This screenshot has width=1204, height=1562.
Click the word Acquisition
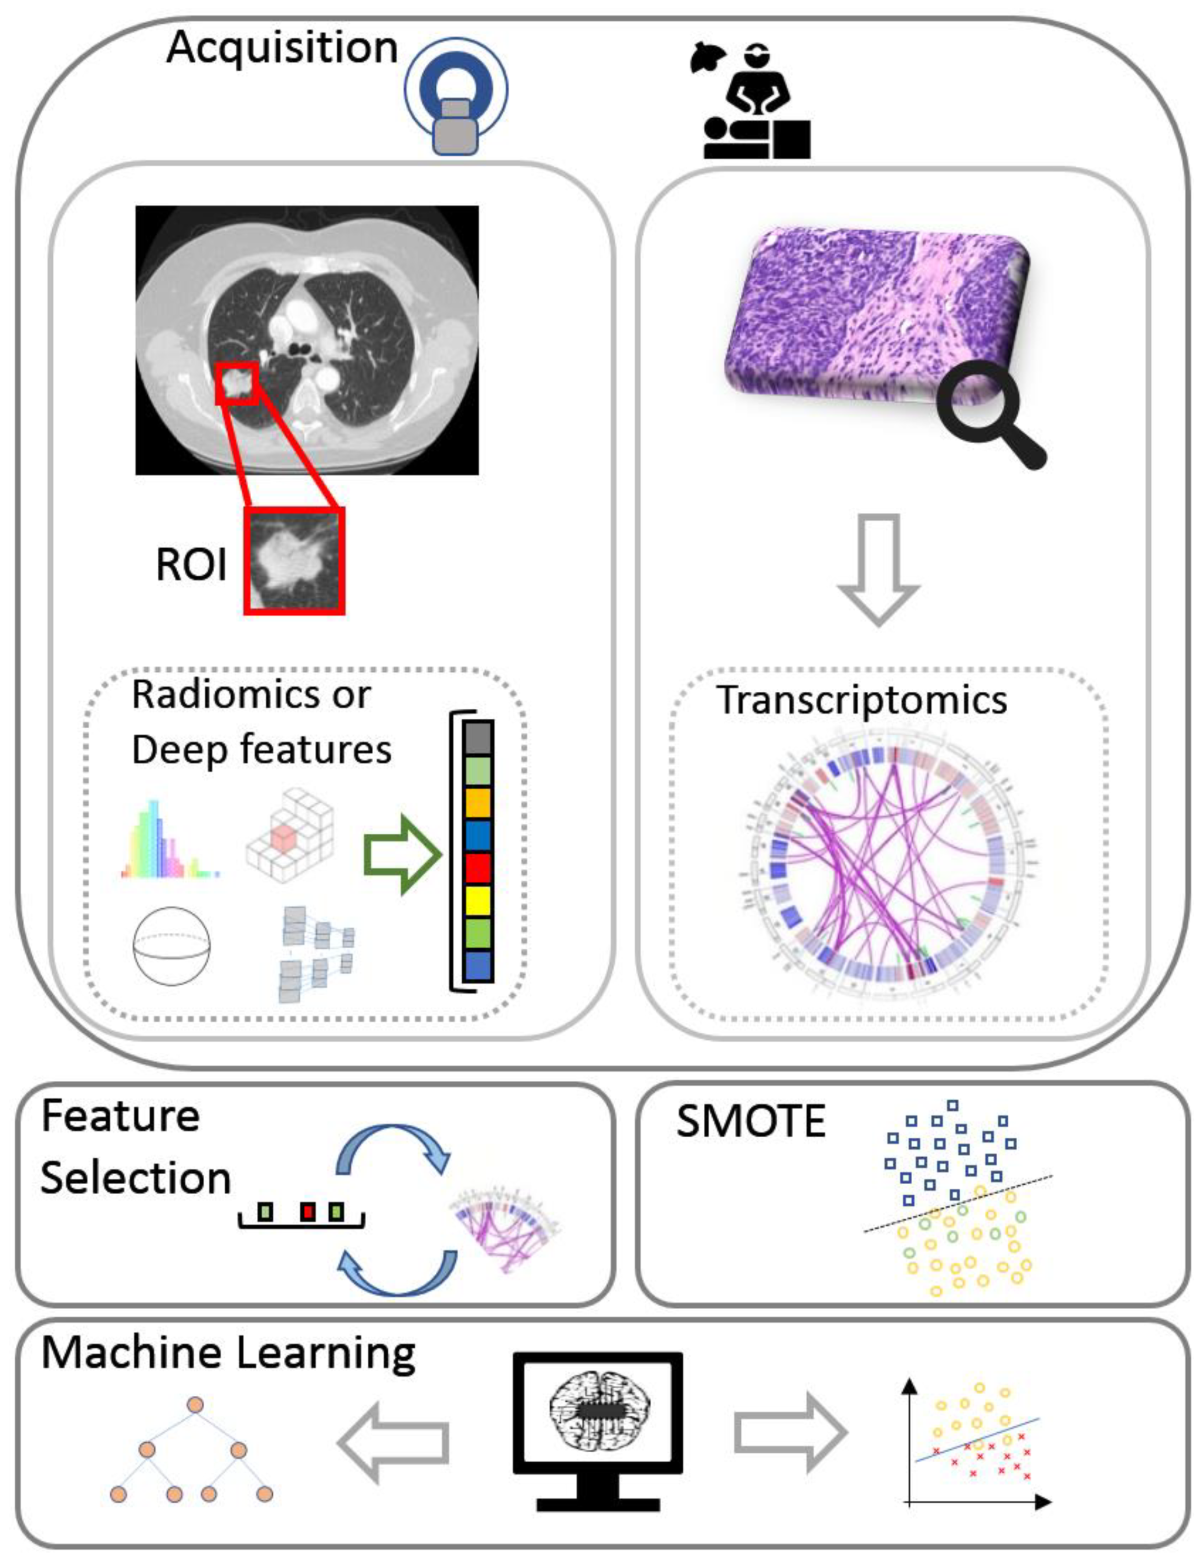point(282,49)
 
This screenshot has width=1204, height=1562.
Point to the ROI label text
point(191,565)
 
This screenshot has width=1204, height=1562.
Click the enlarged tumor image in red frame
point(294,561)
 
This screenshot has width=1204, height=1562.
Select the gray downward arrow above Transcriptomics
point(878,568)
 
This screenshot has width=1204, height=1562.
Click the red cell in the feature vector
point(477,868)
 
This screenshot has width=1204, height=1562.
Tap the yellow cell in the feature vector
point(477,900)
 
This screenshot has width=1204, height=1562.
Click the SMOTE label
point(751,1121)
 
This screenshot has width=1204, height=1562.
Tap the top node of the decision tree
point(195,1385)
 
